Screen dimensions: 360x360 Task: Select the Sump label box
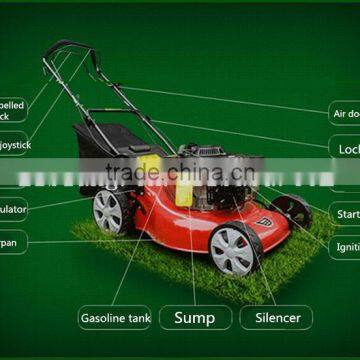pyautogui.click(x=195, y=318)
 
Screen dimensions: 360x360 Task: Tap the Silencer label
pyautogui.click(x=277, y=318)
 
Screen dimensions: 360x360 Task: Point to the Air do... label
pyautogui.click(x=345, y=113)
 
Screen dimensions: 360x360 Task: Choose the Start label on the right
pyautogui.click(x=346, y=214)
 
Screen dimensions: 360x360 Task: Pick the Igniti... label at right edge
pyautogui.click(x=346, y=246)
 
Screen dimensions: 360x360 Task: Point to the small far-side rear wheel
pyautogui.click(x=291, y=209)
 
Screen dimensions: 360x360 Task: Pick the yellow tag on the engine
pyautogui.click(x=186, y=191)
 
